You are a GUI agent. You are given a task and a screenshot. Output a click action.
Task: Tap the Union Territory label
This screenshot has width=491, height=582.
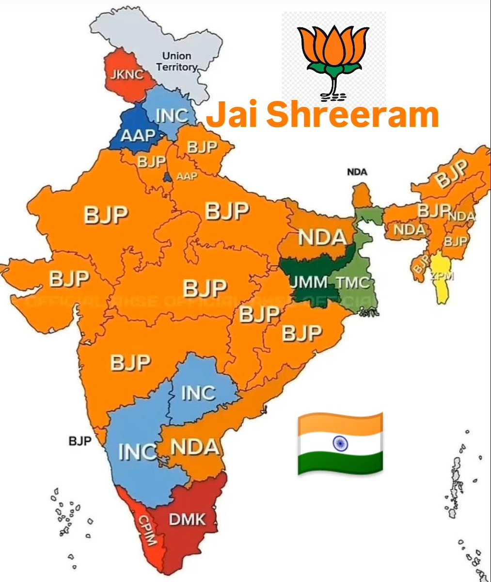click(177, 62)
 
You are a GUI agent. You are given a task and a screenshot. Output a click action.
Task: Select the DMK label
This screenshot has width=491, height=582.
click(187, 520)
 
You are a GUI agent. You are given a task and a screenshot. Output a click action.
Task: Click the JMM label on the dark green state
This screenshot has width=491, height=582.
click(308, 281)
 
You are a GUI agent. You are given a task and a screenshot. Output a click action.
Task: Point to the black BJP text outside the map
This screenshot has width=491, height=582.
click(80, 441)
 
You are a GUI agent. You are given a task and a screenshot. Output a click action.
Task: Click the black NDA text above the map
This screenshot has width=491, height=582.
click(357, 172)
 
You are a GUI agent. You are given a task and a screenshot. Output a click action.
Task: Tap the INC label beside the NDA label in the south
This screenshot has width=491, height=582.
click(137, 452)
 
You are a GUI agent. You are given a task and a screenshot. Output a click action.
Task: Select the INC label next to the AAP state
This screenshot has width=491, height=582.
click(172, 115)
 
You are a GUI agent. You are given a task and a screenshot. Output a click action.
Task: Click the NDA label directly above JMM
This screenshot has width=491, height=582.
click(322, 237)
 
